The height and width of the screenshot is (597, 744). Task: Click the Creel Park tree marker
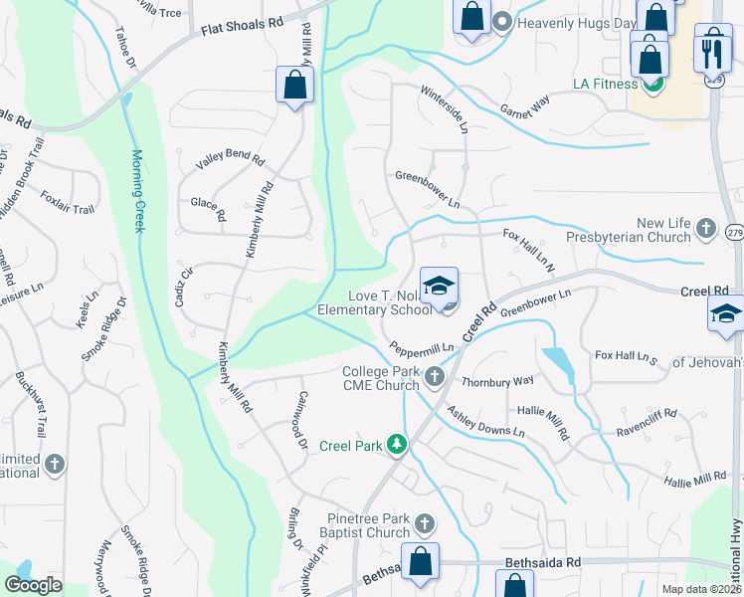(397, 444)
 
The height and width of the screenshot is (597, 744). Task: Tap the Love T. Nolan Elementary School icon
(439, 288)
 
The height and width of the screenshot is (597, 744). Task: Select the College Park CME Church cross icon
(435, 377)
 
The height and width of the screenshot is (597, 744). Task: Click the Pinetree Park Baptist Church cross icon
(424, 523)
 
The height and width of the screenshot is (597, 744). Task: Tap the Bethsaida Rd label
(542, 562)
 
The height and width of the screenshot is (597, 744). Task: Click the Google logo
(34, 585)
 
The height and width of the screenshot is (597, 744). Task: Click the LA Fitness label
(605, 84)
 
